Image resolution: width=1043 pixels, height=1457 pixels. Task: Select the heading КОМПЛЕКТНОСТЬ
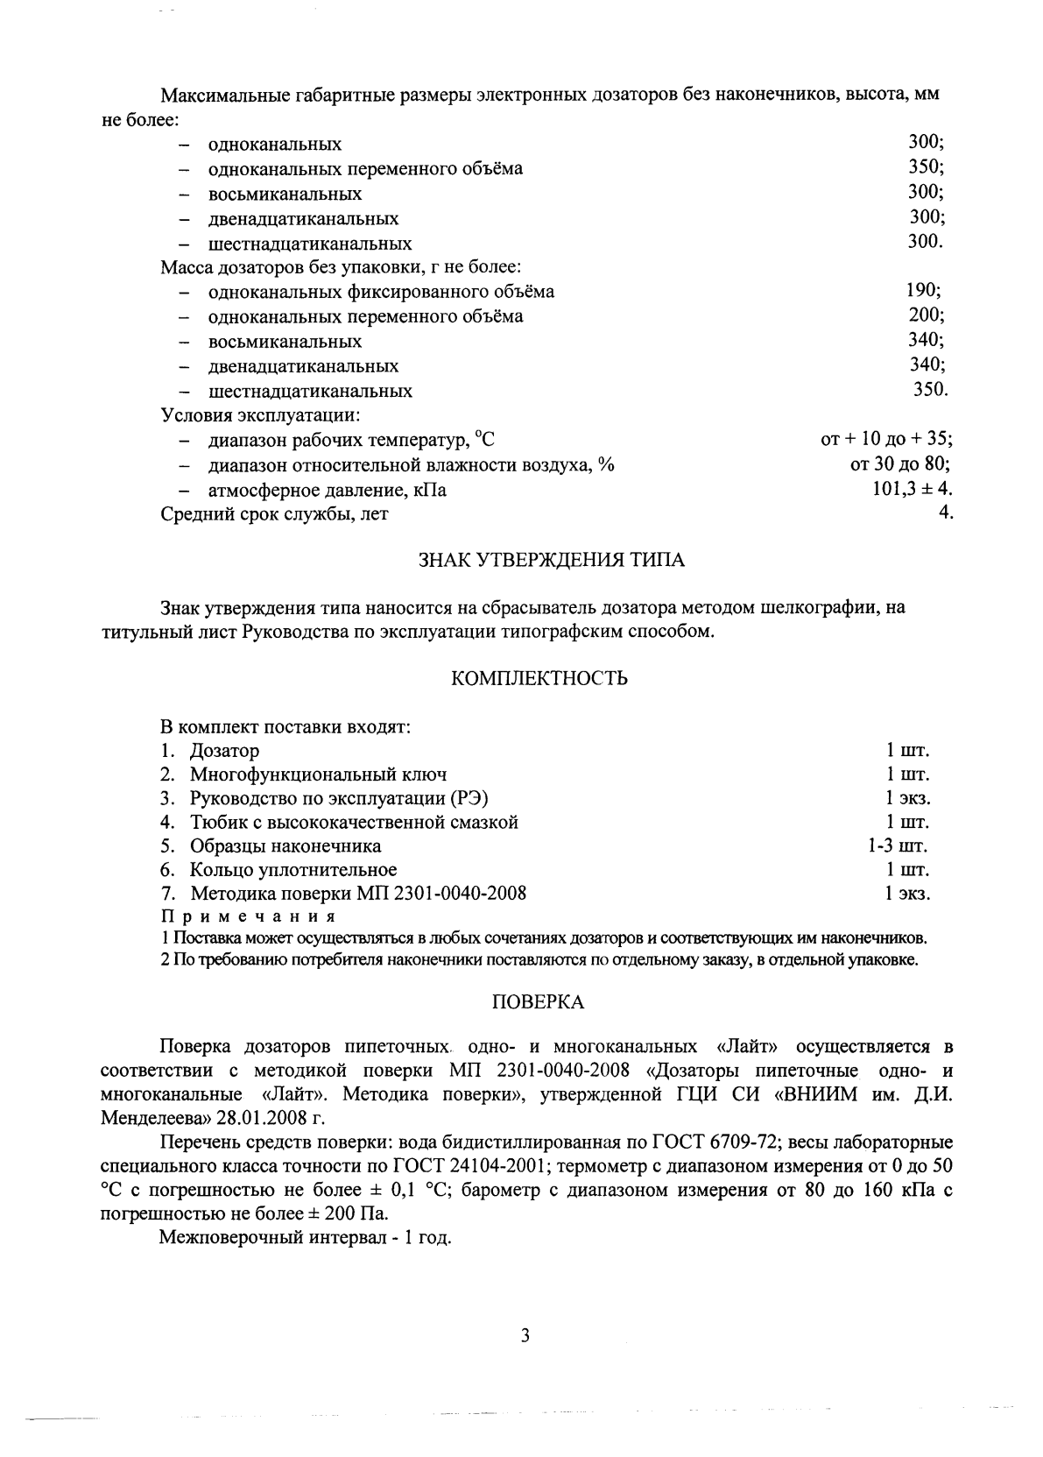pos(539,679)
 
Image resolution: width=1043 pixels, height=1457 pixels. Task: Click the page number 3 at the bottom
pos(525,1335)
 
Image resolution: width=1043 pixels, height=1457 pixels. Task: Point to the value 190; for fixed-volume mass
pos(924,291)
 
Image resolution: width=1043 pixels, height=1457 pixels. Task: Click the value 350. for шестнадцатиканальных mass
pos(930,390)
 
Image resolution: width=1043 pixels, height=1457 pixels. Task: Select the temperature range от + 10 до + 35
pos(886,440)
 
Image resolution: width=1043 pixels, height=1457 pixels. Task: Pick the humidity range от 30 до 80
pos(894,464)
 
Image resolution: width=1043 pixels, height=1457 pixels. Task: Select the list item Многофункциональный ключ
pos(319,774)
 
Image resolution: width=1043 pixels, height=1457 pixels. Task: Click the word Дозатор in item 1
pos(225,751)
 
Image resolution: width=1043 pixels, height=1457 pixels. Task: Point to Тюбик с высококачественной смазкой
pos(355,823)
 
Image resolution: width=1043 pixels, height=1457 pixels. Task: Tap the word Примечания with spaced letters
pos(249,916)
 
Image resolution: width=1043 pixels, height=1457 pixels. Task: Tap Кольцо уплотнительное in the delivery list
pos(293,870)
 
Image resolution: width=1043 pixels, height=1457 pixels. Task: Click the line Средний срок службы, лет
pos(275,514)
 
